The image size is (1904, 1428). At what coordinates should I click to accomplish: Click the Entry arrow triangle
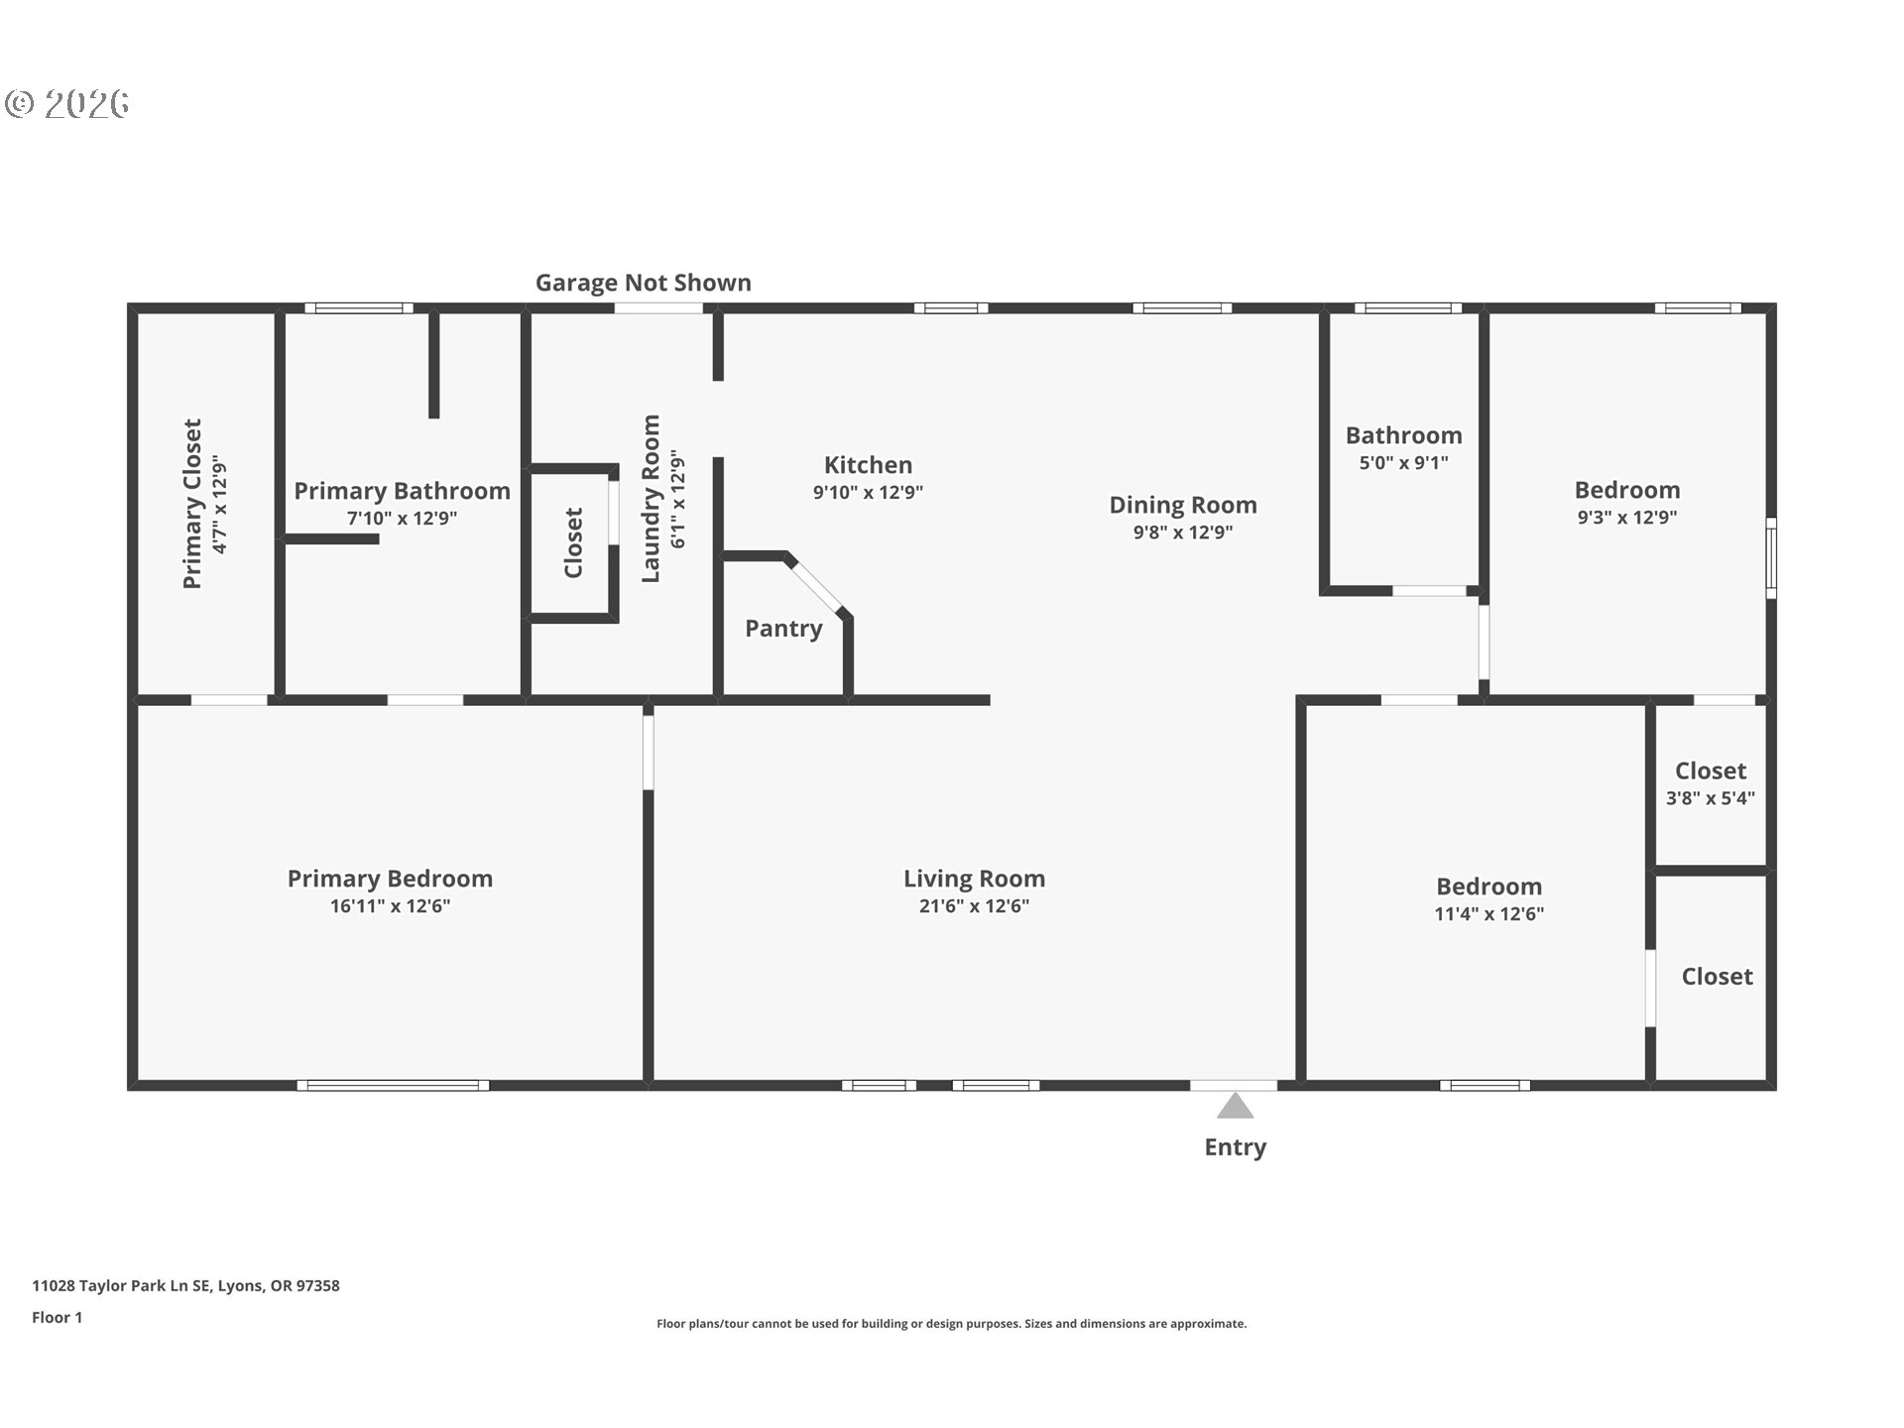click(1235, 1106)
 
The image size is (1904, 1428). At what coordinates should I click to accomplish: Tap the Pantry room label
click(783, 629)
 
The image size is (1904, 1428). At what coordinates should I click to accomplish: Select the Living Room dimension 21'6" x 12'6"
click(974, 905)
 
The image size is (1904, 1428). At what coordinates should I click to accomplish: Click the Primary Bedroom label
click(390, 879)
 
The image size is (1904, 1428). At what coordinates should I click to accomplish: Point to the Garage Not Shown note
click(644, 283)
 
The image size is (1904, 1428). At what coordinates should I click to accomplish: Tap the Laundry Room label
click(651, 499)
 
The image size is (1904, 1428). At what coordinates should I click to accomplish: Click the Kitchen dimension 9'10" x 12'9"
click(868, 492)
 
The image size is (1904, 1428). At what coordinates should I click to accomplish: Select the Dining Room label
click(1183, 505)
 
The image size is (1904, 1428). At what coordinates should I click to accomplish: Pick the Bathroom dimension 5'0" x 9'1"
click(1403, 462)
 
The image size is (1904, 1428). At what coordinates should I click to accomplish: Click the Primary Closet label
click(192, 504)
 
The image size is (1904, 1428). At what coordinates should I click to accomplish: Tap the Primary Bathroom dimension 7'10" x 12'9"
click(402, 518)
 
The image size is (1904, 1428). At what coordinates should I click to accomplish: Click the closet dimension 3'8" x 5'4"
click(1711, 797)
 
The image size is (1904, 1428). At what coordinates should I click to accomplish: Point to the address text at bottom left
click(185, 1285)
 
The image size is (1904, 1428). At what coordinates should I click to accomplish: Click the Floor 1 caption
click(57, 1317)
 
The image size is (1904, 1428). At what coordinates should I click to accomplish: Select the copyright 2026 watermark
click(67, 103)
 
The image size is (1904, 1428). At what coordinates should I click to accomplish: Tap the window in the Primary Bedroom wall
click(394, 1085)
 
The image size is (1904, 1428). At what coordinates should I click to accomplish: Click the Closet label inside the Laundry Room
click(573, 542)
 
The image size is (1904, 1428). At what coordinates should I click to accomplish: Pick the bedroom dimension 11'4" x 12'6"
click(1489, 913)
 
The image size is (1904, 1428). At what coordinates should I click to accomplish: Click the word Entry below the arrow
click(1235, 1147)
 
